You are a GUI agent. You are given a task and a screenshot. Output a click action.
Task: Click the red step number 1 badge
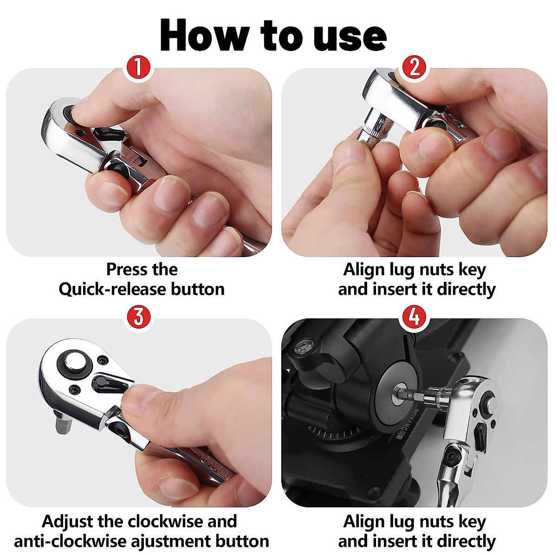coord(138,68)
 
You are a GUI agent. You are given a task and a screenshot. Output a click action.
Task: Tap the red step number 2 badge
coord(415,68)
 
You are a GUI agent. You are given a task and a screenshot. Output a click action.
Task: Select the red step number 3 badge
coord(138,317)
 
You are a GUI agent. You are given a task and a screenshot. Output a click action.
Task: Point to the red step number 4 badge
coord(415,317)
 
